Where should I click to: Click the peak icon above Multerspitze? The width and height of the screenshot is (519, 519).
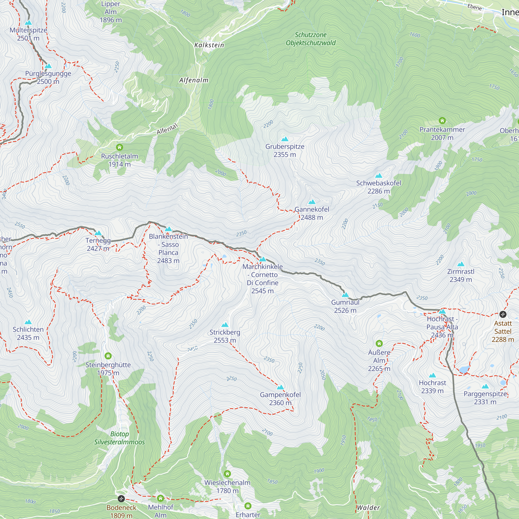[28, 23]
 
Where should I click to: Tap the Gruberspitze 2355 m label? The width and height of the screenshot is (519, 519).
[285, 151]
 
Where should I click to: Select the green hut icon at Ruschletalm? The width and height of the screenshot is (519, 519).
[120, 147]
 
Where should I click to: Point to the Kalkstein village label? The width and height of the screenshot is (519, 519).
[209, 45]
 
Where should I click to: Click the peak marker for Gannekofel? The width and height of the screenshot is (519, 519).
[312, 202]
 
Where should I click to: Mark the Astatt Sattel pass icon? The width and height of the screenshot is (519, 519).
[503, 314]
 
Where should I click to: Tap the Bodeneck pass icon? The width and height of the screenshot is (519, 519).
[121, 499]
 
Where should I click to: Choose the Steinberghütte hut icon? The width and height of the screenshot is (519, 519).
[108, 356]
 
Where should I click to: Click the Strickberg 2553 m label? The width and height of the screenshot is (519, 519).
[225, 336]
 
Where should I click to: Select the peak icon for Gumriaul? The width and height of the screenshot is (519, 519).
[345, 295]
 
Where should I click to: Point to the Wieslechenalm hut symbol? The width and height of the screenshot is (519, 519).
[227, 474]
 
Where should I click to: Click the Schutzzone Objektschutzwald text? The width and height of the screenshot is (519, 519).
[311, 39]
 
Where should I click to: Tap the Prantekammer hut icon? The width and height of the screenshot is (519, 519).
[442, 121]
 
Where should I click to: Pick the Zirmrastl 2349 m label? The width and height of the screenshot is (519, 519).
[461, 275]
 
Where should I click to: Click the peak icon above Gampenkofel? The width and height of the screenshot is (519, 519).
[280, 387]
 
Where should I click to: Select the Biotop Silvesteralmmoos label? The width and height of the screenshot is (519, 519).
[120, 438]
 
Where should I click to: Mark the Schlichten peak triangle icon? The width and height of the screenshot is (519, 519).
[28, 322]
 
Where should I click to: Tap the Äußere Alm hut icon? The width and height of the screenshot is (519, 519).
[379, 343]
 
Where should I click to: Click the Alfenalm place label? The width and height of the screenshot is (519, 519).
[194, 80]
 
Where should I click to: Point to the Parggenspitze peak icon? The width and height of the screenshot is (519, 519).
[485, 387]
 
